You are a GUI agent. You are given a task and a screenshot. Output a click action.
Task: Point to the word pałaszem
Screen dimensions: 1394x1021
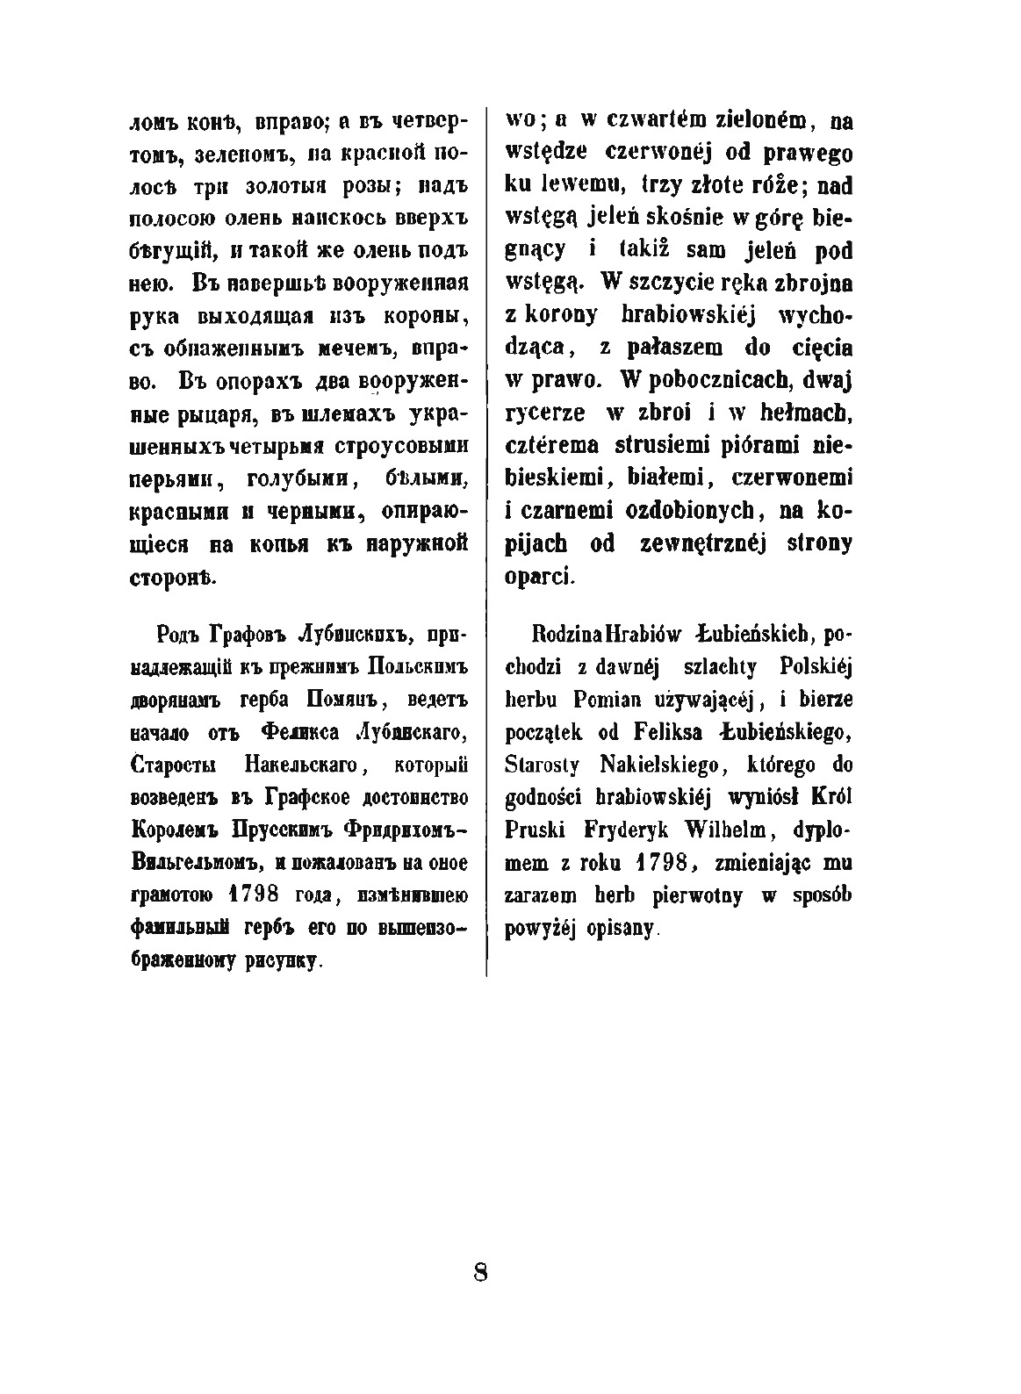(673, 348)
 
